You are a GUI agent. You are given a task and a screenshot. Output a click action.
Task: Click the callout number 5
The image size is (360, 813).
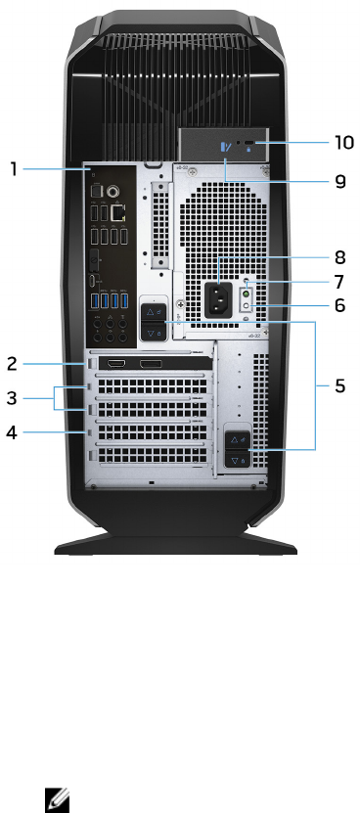click(339, 385)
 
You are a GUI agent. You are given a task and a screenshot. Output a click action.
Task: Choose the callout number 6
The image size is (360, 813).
click(339, 305)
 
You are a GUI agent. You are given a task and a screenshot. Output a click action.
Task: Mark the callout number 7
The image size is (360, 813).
click(339, 282)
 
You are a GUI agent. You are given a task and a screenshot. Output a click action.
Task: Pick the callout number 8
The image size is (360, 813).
click(339, 257)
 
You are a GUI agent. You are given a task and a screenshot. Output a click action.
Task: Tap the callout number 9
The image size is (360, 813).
click(339, 181)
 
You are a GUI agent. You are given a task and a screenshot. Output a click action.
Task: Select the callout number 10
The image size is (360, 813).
click(342, 142)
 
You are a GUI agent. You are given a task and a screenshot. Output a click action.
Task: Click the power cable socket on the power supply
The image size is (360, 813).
click(216, 300)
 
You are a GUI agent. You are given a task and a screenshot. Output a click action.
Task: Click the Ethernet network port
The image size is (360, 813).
click(118, 212)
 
